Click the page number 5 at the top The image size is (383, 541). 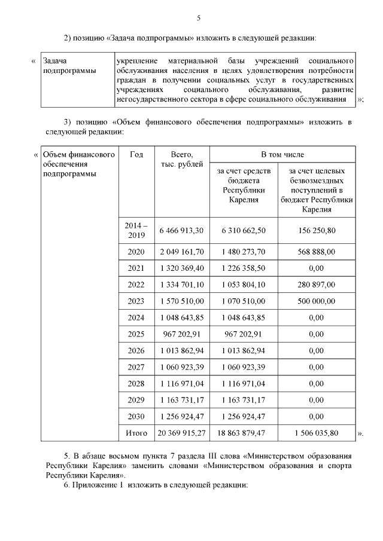click(x=199, y=17)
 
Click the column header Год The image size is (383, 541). click(x=136, y=154)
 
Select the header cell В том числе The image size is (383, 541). click(x=282, y=154)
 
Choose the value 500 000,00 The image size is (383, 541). click(x=315, y=301)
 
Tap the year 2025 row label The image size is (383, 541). click(x=136, y=334)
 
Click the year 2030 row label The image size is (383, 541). click(x=136, y=416)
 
